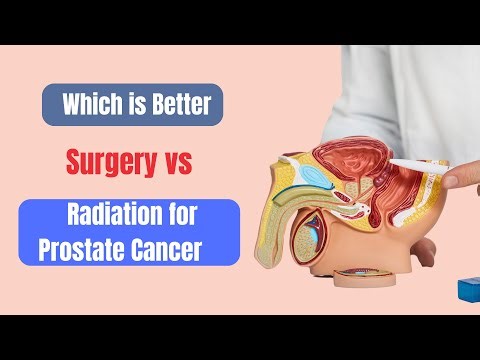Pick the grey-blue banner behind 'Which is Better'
pos(130,104)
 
